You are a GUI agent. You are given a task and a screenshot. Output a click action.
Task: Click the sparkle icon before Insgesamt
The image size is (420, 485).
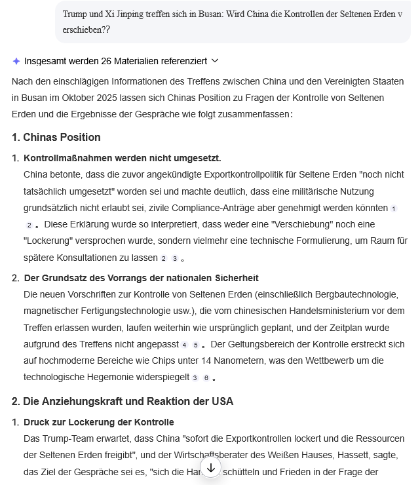click(x=16, y=61)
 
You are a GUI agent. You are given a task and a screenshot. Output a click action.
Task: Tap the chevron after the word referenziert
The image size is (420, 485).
click(x=215, y=61)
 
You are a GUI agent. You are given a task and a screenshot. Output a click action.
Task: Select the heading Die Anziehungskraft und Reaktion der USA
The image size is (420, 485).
click(x=122, y=401)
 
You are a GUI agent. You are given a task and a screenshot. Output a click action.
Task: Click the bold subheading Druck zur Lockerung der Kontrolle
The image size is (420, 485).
click(x=98, y=421)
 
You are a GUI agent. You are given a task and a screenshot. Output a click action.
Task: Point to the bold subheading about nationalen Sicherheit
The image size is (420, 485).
click(x=141, y=278)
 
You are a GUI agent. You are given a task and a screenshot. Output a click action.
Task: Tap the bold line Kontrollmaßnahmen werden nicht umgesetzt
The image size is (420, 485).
click(x=122, y=158)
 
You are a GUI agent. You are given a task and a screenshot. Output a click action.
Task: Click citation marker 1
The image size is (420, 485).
click(x=393, y=208)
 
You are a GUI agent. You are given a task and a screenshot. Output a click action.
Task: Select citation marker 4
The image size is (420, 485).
click(x=184, y=345)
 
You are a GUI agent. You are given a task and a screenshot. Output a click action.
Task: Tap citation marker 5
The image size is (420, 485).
click(x=195, y=345)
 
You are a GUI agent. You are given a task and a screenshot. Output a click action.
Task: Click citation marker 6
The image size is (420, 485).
click(x=206, y=378)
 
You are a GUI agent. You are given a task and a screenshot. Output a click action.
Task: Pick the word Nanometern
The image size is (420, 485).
click(x=183, y=360)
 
